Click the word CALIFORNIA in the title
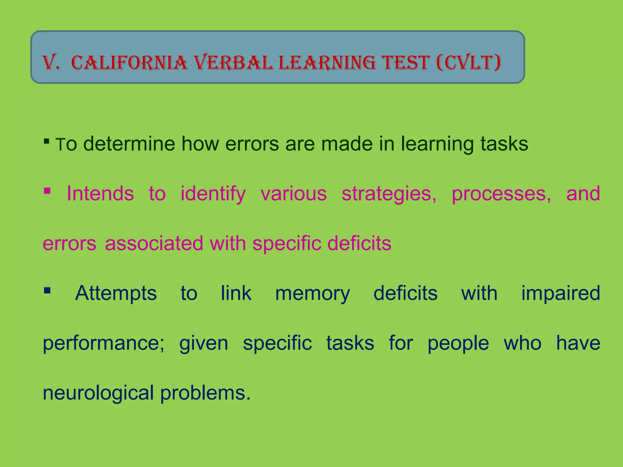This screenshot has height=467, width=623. (130, 63)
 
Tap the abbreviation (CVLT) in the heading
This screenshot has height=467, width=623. (468, 63)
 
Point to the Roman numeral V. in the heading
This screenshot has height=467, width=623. (51, 63)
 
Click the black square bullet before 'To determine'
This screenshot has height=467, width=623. (47, 141)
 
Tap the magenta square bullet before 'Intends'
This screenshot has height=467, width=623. (47, 191)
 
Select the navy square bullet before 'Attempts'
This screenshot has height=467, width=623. (47, 290)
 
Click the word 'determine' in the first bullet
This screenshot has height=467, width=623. (129, 144)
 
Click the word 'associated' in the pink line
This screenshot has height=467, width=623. (154, 243)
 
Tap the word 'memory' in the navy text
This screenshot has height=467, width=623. (312, 294)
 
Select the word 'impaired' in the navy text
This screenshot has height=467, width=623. (561, 294)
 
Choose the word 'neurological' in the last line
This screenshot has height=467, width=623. (98, 393)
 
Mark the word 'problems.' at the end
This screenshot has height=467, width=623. (205, 393)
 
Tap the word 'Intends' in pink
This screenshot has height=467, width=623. (100, 193)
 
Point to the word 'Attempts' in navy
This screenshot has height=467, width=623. (116, 294)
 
